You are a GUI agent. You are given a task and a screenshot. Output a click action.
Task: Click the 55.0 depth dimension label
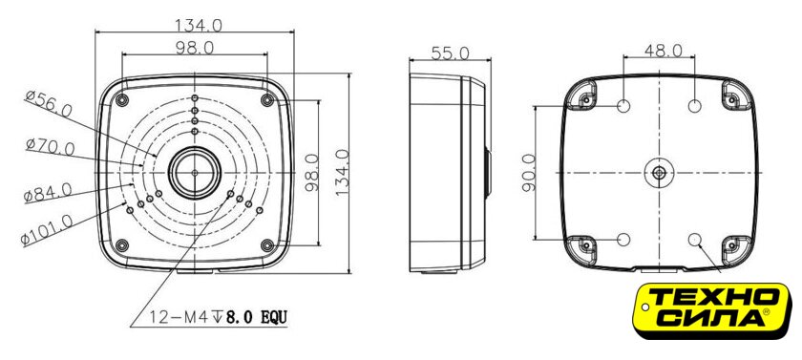pyautogui.click(x=450, y=53)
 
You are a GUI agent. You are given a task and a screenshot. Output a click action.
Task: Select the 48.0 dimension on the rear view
pyautogui.click(x=663, y=50)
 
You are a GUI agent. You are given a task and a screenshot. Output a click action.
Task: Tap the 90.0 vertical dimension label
pyautogui.click(x=529, y=172)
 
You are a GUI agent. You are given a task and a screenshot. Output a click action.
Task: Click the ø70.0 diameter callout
pyautogui.click(x=50, y=148)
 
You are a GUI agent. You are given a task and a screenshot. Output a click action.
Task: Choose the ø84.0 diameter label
pyautogui.click(x=48, y=193)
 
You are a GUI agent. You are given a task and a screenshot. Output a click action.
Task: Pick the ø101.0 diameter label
pyautogui.click(x=47, y=229)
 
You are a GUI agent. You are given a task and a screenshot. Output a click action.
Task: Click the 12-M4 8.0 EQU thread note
pyautogui.click(x=219, y=317)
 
